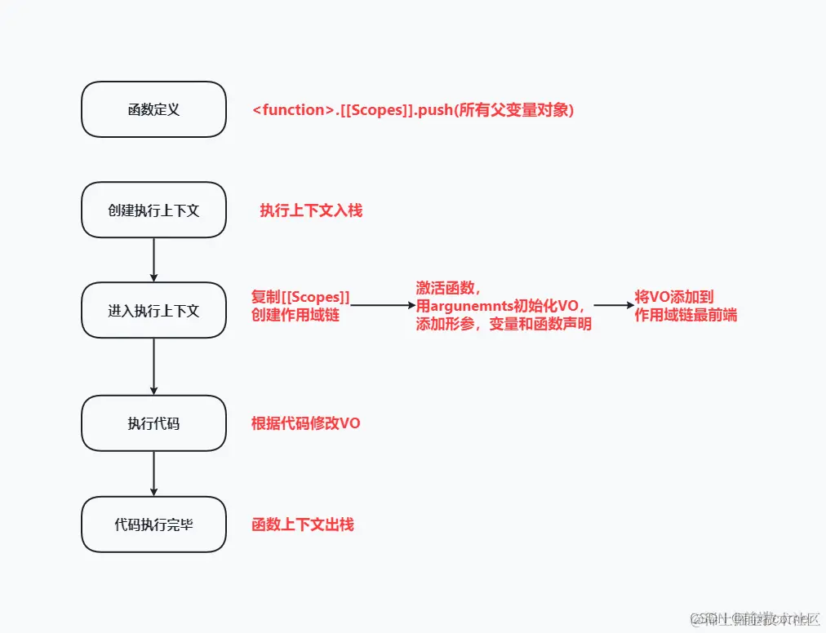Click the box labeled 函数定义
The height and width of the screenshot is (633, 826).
tap(153, 109)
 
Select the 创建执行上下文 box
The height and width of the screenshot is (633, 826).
tap(153, 210)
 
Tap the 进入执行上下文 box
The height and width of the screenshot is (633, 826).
tap(153, 310)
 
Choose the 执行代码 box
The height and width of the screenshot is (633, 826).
tap(153, 423)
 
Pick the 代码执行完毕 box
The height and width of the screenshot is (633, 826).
tap(153, 524)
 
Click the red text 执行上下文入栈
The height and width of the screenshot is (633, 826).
tap(311, 210)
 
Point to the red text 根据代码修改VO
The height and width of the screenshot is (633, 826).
tap(306, 423)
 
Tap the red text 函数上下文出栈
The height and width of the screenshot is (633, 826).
tap(303, 525)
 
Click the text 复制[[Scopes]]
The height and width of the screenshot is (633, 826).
tap(300, 297)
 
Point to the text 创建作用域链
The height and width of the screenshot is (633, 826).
tap(295, 315)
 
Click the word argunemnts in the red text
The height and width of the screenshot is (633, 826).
tap(467, 306)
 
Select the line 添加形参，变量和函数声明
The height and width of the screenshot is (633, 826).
tap(504, 324)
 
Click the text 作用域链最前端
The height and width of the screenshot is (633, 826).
tap(686, 315)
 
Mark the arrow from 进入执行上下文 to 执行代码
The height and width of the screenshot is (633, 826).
tap(153, 366)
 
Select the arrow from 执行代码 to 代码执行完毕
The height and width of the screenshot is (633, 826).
tap(153, 473)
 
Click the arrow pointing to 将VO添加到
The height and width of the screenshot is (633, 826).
tap(614, 305)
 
